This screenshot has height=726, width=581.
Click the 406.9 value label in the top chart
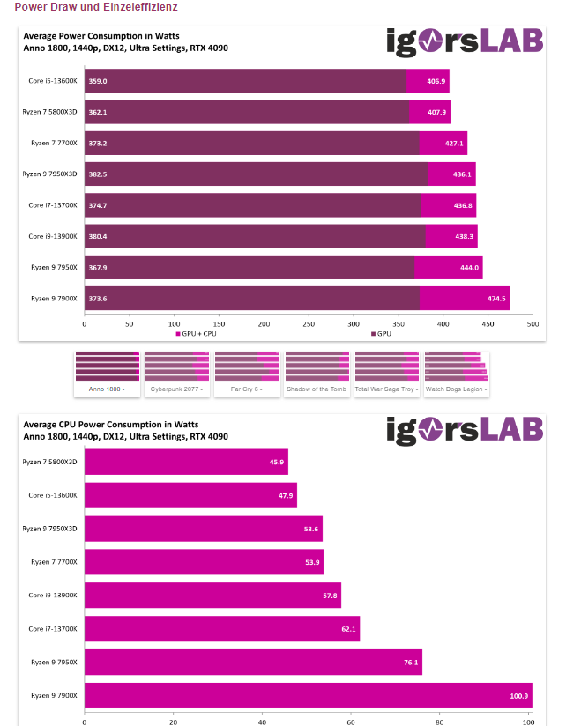[436, 81]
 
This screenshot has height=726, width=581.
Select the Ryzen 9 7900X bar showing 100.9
[308, 695]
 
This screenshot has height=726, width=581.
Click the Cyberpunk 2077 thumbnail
[176, 374]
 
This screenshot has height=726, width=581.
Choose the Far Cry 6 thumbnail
[247, 374]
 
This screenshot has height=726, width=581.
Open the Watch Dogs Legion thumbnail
[456, 374]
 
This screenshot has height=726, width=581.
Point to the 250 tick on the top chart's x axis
[309, 323]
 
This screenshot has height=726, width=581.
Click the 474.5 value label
[496, 298]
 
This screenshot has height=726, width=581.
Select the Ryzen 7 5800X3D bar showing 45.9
[186, 462]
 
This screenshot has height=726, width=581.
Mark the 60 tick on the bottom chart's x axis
[351, 720]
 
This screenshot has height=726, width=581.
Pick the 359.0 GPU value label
[98, 81]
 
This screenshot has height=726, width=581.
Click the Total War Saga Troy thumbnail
[386, 374]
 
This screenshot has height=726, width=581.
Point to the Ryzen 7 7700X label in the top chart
[54, 143]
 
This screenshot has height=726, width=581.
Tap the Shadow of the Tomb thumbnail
[317, 374]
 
